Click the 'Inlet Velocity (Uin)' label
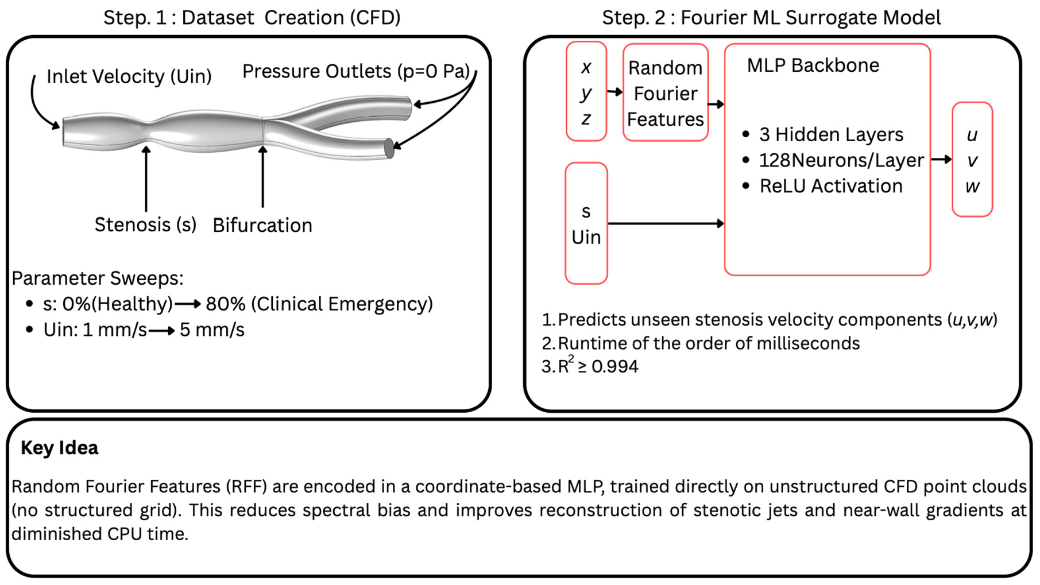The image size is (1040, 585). point(129,76)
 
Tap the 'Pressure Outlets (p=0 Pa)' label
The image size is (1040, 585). point(355,72)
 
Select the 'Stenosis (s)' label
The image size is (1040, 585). point(145,224)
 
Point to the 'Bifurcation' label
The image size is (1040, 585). point(262,226)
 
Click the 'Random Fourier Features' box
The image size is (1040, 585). point(665,93)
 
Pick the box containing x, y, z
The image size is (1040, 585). point(586,92)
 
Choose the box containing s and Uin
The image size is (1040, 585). point(586,224)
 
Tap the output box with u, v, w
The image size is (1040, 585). point(972,160)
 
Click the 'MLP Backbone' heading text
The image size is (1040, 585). point(813,65)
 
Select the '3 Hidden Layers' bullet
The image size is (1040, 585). point(830,134)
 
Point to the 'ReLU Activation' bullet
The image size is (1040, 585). point(830,186)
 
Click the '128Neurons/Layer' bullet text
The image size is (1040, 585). point(841,160)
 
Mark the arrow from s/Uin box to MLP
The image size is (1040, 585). point(666,223)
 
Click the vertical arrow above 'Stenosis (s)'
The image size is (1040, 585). point(146,178)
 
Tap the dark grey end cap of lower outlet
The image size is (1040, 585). point(389,148)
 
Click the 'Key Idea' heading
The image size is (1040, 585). point(60,448)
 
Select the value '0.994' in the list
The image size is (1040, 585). point(614,366)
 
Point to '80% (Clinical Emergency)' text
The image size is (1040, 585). point(319,304)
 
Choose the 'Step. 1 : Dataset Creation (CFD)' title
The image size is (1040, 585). point(252,18)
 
